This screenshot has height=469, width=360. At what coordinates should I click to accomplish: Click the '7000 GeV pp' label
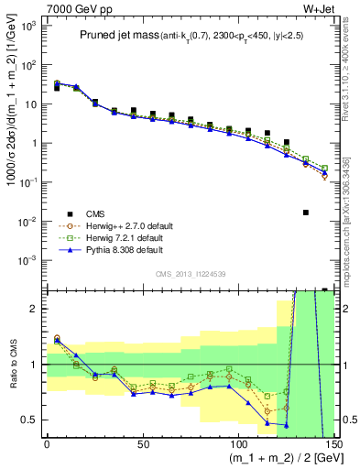tap(69, 7)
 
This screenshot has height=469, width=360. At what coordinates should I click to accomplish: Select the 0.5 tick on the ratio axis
tap(31, 420)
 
